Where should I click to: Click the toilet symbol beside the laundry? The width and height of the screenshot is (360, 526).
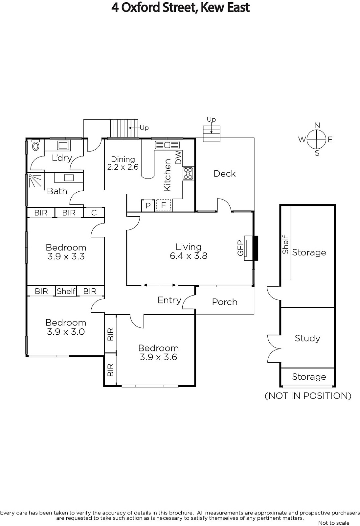point(36,145)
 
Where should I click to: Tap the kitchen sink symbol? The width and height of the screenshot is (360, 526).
point(167,145)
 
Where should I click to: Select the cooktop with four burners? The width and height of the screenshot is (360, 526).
point(188,174)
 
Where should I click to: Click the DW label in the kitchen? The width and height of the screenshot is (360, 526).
point(178,157)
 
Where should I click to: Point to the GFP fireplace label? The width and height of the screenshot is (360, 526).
point(240,248)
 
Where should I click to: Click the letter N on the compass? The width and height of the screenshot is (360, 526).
point(317,125)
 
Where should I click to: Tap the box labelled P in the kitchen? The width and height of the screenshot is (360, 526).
point(148,206)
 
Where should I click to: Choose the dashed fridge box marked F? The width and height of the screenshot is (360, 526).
point(163,205)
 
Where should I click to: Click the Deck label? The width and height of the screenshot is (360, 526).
point(225,174)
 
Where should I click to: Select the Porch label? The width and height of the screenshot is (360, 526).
point(225,302)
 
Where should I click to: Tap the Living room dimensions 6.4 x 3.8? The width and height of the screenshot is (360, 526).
point(189,256)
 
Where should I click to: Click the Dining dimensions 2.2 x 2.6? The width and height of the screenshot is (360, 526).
point(123,167)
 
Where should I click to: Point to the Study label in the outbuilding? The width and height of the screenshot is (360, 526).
point(307,338)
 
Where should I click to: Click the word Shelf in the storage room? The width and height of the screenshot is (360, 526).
point(285,245)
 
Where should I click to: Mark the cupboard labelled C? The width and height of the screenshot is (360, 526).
point(94,213)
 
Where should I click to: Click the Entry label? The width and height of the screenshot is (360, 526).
point(169,300)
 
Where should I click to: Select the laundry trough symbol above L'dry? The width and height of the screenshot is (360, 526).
point(63,145)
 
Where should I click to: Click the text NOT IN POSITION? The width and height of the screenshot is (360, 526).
point(308,396)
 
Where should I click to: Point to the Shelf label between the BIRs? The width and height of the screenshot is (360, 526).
point(66,291)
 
